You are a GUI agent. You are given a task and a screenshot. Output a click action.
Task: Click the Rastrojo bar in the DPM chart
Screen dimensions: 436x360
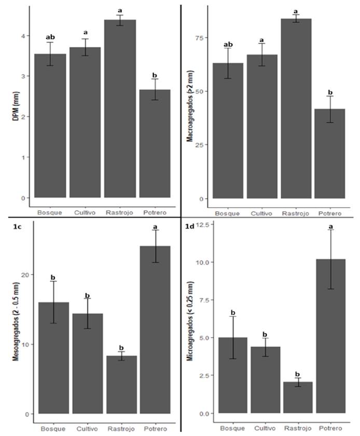(120, 109)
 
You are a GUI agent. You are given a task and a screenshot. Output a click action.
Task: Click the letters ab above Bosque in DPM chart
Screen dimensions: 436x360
(50, 37)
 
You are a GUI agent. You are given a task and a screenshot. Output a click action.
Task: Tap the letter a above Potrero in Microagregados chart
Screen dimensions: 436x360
(330, 224)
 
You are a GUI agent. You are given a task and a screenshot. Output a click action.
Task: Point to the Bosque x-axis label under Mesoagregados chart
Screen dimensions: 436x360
(53, 429)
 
